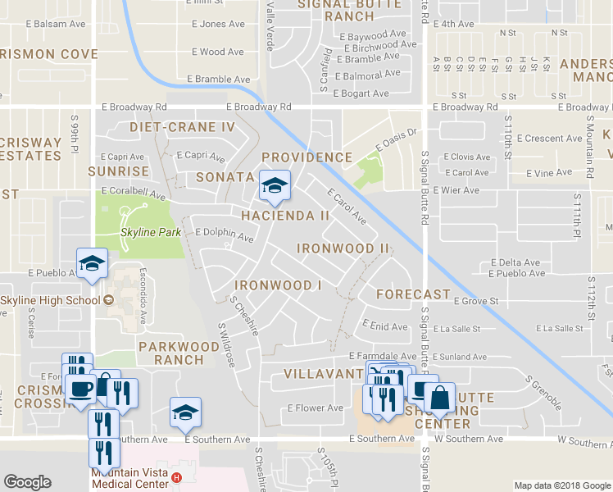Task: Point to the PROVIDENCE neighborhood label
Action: pyautogui.click(x=306, y=157)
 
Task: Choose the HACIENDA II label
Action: pyautogui.click(x=285, y=216)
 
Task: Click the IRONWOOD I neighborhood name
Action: pyautogui.click(x=278, y=285)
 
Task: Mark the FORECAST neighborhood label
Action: pyautogui.click(x=413, y=294)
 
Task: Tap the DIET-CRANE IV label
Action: pyautogui.click(x=183, y=127)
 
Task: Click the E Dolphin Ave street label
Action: pyautogui.click(x=224, y=235)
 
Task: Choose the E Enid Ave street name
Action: pyautogui.click(x=384, y=326)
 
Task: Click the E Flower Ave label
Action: pyautogui.click(x=315, y=408)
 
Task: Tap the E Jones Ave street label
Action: pyautogui.click(x=219, y=24)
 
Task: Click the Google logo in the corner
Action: pyautogui.click(x=27, y=482)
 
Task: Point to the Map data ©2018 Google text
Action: pyautogui.click(x=561, y=485)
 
